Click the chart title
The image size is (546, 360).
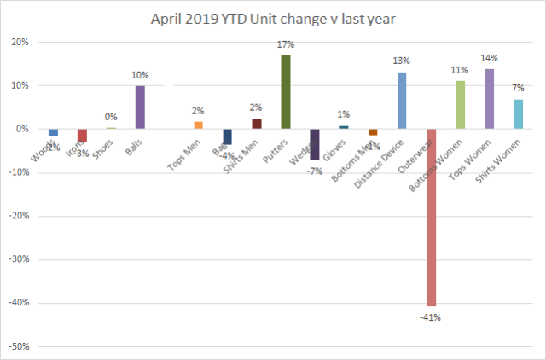point(273,18)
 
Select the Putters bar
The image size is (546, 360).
point(286,92)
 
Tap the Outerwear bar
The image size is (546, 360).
point(431,217)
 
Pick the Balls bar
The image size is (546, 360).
point(140,107)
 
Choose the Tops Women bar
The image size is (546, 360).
point(489,99)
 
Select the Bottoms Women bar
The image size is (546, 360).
point(460,105)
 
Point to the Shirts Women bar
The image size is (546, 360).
point(518,114)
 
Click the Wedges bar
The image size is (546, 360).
point(315,144)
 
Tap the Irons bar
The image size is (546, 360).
point(82,136)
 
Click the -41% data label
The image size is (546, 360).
point(431,317)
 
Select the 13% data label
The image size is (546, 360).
point(402,61)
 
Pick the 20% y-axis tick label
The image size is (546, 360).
point(20,43)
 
